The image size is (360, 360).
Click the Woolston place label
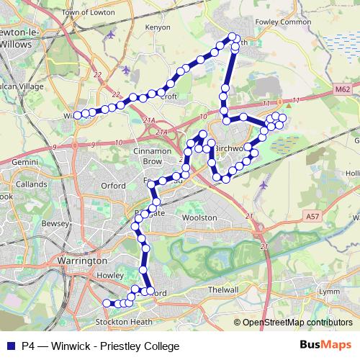coord(199,217)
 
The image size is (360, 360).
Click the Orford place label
coord(114,184)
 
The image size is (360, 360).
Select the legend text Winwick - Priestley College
coord(119,346)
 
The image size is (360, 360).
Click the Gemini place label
coord(24,163)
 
